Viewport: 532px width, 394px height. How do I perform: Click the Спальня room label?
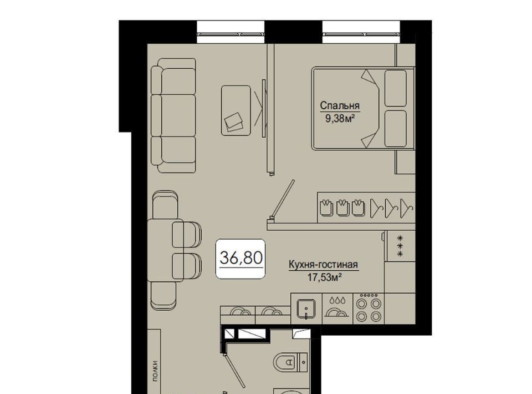point(340,105)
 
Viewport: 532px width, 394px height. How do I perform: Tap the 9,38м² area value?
point(340,118)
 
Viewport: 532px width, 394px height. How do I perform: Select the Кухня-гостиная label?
point(323,264)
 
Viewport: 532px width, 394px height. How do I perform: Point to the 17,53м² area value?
point(324,277)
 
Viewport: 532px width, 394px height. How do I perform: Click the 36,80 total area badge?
point(241,259)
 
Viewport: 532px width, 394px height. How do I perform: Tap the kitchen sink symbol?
point(306,309)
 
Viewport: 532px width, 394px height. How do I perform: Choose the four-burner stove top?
point(369,309)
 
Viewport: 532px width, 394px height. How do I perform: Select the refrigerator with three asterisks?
point(400,246)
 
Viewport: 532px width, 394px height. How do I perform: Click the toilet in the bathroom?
point(290,362)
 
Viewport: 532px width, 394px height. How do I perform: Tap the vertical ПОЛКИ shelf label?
point(155,371)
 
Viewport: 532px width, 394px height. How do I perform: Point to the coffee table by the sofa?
point(236,110)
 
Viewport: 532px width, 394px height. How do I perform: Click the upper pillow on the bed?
point(396,88)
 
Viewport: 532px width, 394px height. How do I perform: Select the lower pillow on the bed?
point(396,128)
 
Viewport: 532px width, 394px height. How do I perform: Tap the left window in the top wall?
point(231,32)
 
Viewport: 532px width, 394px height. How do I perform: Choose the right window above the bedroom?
point(361,32)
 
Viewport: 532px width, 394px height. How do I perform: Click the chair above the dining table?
point(165,205)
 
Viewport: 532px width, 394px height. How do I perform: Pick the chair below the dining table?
point(164,295)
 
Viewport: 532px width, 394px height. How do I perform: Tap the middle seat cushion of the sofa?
point(173,115)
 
